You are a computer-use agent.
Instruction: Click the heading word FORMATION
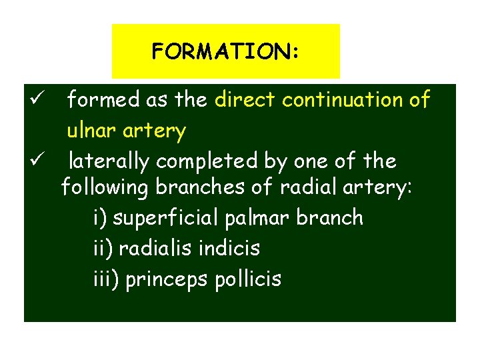[x=225, y=51]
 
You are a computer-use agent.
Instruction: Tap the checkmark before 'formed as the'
[x=37, y=101]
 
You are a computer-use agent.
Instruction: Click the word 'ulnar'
[x=90, y=131]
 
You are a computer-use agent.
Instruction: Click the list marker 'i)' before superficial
[x=101, y=218]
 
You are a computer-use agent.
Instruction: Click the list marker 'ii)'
[x=103, y=249]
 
